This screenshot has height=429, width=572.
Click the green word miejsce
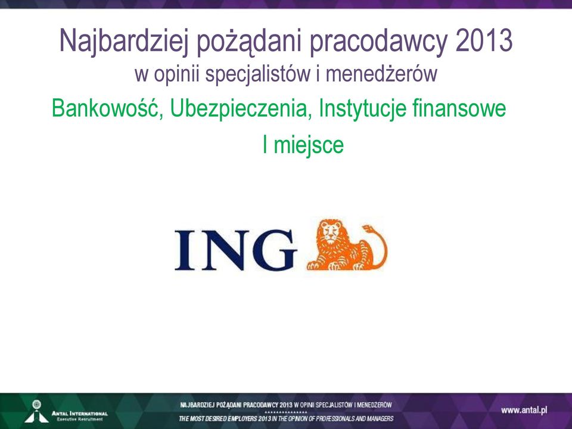309,145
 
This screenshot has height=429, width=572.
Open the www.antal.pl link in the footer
524,411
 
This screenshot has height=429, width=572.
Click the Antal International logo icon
36,411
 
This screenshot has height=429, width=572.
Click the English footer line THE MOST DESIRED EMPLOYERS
286,418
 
